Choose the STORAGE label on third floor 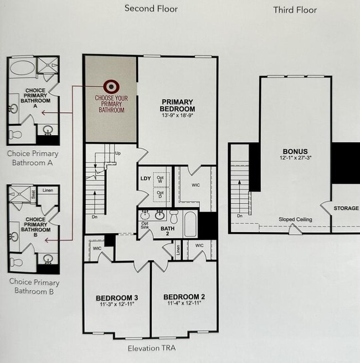click(x=346, y=208)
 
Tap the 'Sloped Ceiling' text click(x=295, y=219)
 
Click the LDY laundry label click(x=145, y=178)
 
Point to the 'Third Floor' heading click(x=295, y=10)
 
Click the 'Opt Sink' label click(x=145, y=226)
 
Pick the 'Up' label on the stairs click(x=117, y=153)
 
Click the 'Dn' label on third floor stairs click(x=239, y=216)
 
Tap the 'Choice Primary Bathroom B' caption click(x=34, y=286)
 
